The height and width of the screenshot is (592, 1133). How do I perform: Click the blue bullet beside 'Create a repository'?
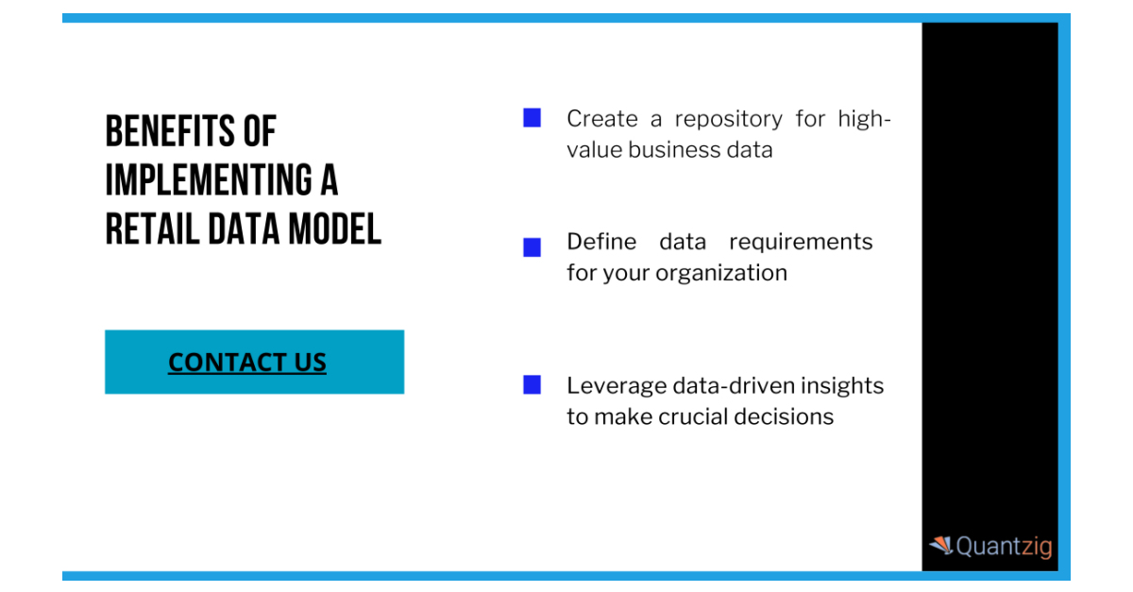[533, 118]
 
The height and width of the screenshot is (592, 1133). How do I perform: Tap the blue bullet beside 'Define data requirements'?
[533, 247]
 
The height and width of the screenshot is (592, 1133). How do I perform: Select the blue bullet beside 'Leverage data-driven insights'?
[533, 384]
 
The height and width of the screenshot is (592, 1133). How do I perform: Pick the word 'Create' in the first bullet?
[601, 119]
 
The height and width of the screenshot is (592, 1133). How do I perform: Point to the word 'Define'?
[601, 242]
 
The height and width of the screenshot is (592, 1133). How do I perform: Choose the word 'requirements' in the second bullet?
[801, 242]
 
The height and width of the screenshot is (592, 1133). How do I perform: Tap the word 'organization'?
[721, 273]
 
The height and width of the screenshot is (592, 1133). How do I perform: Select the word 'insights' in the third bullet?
[841, 385]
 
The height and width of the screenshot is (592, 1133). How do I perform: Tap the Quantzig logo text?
[1004, 547]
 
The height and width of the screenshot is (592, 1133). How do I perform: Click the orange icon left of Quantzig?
[940, 546]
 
